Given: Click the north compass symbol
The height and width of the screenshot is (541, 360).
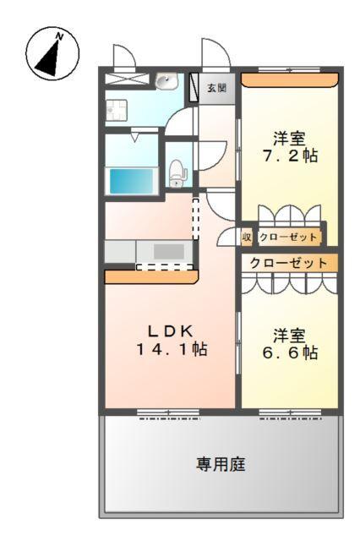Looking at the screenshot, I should (x=52, y=53).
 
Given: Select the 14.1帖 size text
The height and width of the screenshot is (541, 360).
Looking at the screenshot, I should (x=172, y=349).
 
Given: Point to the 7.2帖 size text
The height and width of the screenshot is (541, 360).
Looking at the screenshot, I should (x=290, y=156).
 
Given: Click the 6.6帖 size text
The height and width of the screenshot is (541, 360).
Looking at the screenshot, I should (x=290, y=353).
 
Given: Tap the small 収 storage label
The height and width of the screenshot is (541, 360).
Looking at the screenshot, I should (x=248, y=238).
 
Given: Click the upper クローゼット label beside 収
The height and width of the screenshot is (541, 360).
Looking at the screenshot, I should (x=288, y=238).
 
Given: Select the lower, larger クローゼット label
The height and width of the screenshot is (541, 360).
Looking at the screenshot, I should (x=290, y=263).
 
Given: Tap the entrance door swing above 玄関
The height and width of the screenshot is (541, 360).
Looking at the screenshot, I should (x=212, y=55).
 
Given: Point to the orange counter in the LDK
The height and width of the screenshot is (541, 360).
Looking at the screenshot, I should (x=150, y=276).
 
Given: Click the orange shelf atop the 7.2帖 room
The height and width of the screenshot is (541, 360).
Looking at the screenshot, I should (x=290, y=79).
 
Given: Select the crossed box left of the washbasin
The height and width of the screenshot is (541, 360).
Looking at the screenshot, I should (x=123, y=81).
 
